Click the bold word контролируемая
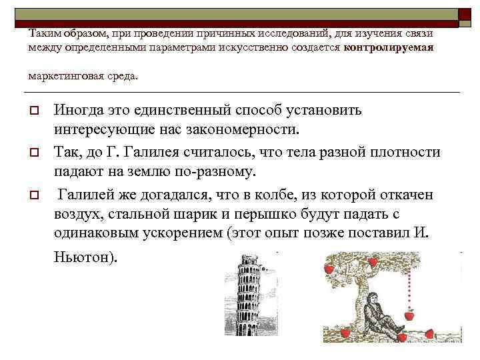(x=389, y=48)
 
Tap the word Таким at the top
(x=43, y=33)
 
